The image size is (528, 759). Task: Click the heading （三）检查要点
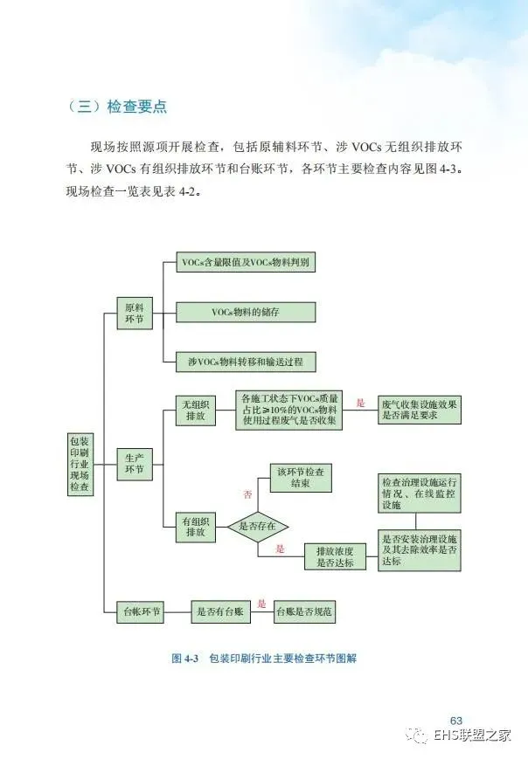tap(116, 107)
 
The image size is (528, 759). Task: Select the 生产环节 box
tap(135, 464)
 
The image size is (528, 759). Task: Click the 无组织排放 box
tap(195, 411)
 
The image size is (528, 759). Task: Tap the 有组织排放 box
tap(195, 526)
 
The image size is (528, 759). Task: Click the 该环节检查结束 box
tap(300, 479)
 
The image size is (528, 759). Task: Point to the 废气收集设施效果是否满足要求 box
tap(420, 411)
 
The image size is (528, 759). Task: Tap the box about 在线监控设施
tap(420, 494)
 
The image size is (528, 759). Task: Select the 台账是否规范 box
tap(303, 612)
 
